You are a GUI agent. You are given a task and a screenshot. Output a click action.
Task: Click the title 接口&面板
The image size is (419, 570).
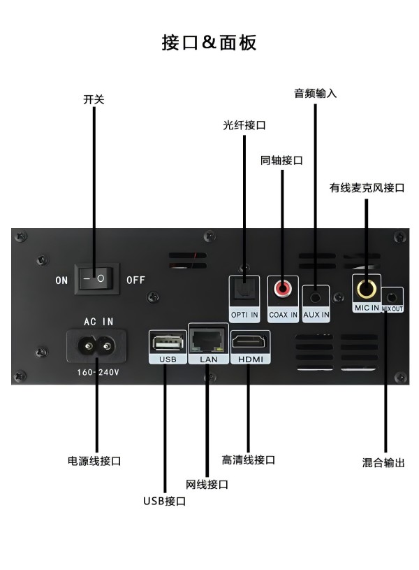209,43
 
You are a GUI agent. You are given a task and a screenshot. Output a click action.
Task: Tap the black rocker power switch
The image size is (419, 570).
97,278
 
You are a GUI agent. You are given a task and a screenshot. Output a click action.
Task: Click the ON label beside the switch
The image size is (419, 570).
62,280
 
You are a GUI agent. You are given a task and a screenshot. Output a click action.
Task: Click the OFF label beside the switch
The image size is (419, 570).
135,280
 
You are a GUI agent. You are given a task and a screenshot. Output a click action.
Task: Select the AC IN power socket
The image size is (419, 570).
96,345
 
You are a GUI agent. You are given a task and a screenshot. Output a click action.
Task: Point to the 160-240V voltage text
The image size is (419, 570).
98,373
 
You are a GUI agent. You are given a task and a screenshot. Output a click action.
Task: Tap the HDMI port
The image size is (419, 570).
249,342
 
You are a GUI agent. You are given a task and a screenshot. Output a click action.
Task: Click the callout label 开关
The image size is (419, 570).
94,100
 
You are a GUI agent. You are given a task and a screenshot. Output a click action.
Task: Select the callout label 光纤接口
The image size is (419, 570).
244,125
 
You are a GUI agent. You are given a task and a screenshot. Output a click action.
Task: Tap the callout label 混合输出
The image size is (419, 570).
383,462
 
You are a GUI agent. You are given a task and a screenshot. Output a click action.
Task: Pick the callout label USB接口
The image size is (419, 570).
164,501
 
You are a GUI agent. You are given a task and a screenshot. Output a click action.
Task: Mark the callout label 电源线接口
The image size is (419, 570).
94,461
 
